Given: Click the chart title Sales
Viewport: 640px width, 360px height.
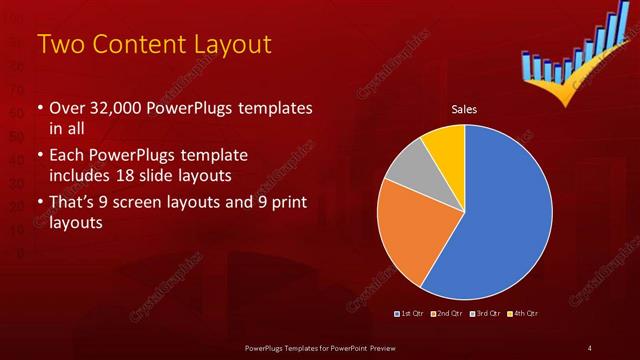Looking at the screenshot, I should point(464,108).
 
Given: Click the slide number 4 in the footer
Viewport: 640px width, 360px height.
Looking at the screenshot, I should point(590,347).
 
